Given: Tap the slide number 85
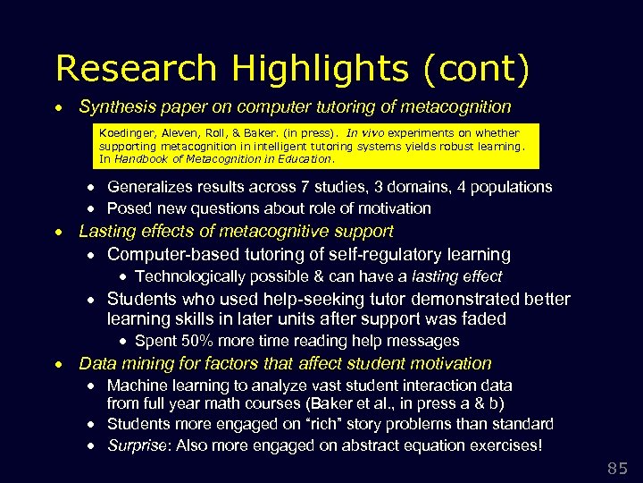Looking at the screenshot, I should pyautogui.click(x=617, y=467).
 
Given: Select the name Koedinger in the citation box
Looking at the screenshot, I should pyautogui.click(x=125, y=131).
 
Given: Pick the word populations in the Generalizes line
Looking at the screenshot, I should pyautogui.click(x=512, y=187).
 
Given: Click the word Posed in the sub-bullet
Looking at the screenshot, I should pyautogui.click(x=129, y=208).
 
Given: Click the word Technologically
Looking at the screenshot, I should pyautogui.click(x=191, y=276).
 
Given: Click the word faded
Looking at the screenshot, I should pyautogui.click(x=484, y=319).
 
